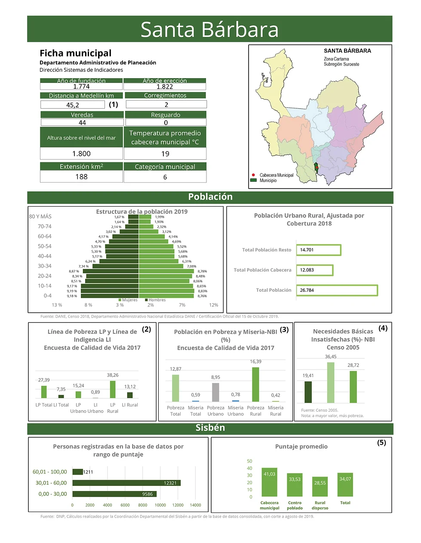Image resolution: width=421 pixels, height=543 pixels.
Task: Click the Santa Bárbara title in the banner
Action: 209,30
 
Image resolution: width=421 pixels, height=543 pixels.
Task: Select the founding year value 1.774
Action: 81,87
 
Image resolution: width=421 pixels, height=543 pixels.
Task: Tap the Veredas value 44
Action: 82,123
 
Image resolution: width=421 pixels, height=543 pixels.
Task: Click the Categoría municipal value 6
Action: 165,177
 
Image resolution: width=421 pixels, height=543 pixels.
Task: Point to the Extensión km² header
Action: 81,167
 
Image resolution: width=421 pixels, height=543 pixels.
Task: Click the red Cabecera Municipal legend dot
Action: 254,175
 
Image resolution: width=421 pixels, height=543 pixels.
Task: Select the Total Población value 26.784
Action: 307,290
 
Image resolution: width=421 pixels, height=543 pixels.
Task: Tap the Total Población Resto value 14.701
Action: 307,250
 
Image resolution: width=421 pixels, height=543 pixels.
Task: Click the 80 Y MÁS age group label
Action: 40,217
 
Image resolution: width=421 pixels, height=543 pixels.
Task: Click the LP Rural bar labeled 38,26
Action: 113,389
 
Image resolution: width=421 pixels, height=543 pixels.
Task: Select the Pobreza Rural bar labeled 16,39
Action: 255,384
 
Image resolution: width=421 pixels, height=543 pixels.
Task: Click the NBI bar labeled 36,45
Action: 330,382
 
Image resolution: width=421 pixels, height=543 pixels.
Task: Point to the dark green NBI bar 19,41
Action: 308,392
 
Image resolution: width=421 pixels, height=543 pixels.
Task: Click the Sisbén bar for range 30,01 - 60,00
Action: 126,483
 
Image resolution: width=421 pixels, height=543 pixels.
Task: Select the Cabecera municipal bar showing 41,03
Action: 270,482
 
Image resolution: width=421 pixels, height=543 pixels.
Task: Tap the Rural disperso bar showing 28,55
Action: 320,486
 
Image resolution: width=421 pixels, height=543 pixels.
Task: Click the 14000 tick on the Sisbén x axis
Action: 195,505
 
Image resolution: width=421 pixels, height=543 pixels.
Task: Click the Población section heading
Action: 210,197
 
